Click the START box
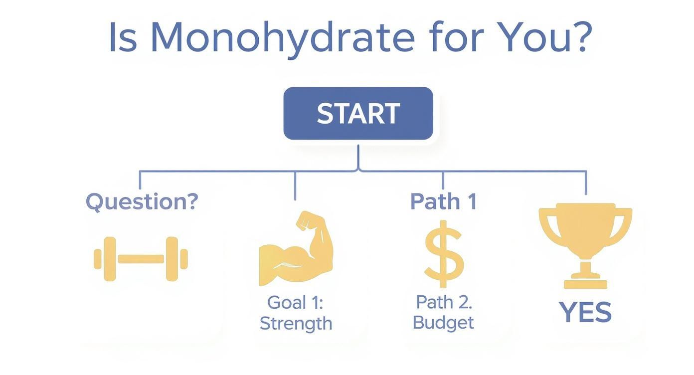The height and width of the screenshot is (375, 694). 358,114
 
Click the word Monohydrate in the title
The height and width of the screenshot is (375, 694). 282,38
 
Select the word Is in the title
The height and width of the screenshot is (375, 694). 123,38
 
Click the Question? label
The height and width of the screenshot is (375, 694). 142,201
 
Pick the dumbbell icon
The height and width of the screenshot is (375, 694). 141,259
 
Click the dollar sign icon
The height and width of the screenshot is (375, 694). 443,256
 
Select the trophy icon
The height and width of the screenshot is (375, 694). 585,239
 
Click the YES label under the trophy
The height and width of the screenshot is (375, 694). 585,313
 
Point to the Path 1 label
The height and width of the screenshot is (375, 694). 443,201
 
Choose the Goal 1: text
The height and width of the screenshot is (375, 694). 295,302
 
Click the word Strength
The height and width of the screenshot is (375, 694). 296,323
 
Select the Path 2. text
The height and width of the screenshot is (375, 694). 443,302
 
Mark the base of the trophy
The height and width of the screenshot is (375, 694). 585,283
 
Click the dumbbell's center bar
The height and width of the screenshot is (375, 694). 141,259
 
